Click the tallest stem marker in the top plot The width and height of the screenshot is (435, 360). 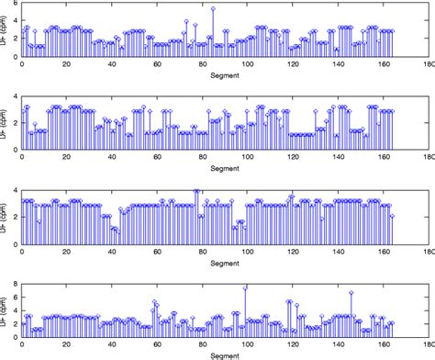(213, 8)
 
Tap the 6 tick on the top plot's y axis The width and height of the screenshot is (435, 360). (11, 6)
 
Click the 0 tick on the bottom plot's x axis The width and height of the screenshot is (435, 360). (20, 345)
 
